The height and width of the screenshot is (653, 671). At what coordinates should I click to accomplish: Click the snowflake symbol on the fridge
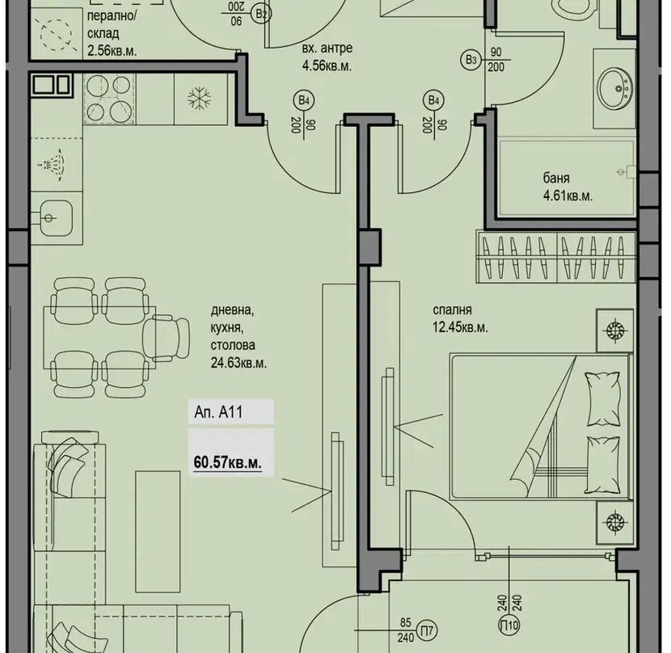(x=200, y=99)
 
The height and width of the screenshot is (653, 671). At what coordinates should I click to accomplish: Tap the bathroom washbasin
(x=615, y=89)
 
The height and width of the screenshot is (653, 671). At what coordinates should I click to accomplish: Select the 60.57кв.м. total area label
(x=227, y=462)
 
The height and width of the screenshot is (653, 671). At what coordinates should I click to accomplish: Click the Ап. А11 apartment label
(x=218, y=412)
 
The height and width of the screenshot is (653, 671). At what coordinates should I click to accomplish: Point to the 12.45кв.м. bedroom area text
(x=460, y=327)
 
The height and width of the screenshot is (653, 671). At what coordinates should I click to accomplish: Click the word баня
(x=556, y=178)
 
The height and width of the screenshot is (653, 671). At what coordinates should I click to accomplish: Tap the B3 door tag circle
(x=471, y=60)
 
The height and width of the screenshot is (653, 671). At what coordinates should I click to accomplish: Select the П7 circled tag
(x=427, y=630)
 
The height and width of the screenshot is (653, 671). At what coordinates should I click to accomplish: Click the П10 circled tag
(x=509, y=626)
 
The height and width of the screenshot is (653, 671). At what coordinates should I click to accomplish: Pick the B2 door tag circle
(x=261, y=14)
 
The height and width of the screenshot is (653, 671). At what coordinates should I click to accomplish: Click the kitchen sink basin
(x=57, y=218)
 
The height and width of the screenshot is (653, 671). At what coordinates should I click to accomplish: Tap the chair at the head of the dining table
(x=166, y=338)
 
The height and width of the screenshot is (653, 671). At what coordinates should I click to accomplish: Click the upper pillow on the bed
(x=602, y=398)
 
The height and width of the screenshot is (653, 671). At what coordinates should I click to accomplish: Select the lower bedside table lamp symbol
(x=614, y=521)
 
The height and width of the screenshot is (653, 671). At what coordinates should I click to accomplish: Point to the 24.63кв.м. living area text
(x=238, y=364)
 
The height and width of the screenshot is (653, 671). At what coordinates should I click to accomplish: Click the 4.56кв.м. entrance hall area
(x=327, y=66)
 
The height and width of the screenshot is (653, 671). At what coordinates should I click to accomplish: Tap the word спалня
(x=452, y=310)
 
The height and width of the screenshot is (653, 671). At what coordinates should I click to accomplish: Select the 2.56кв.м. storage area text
(x=112, y=51)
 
